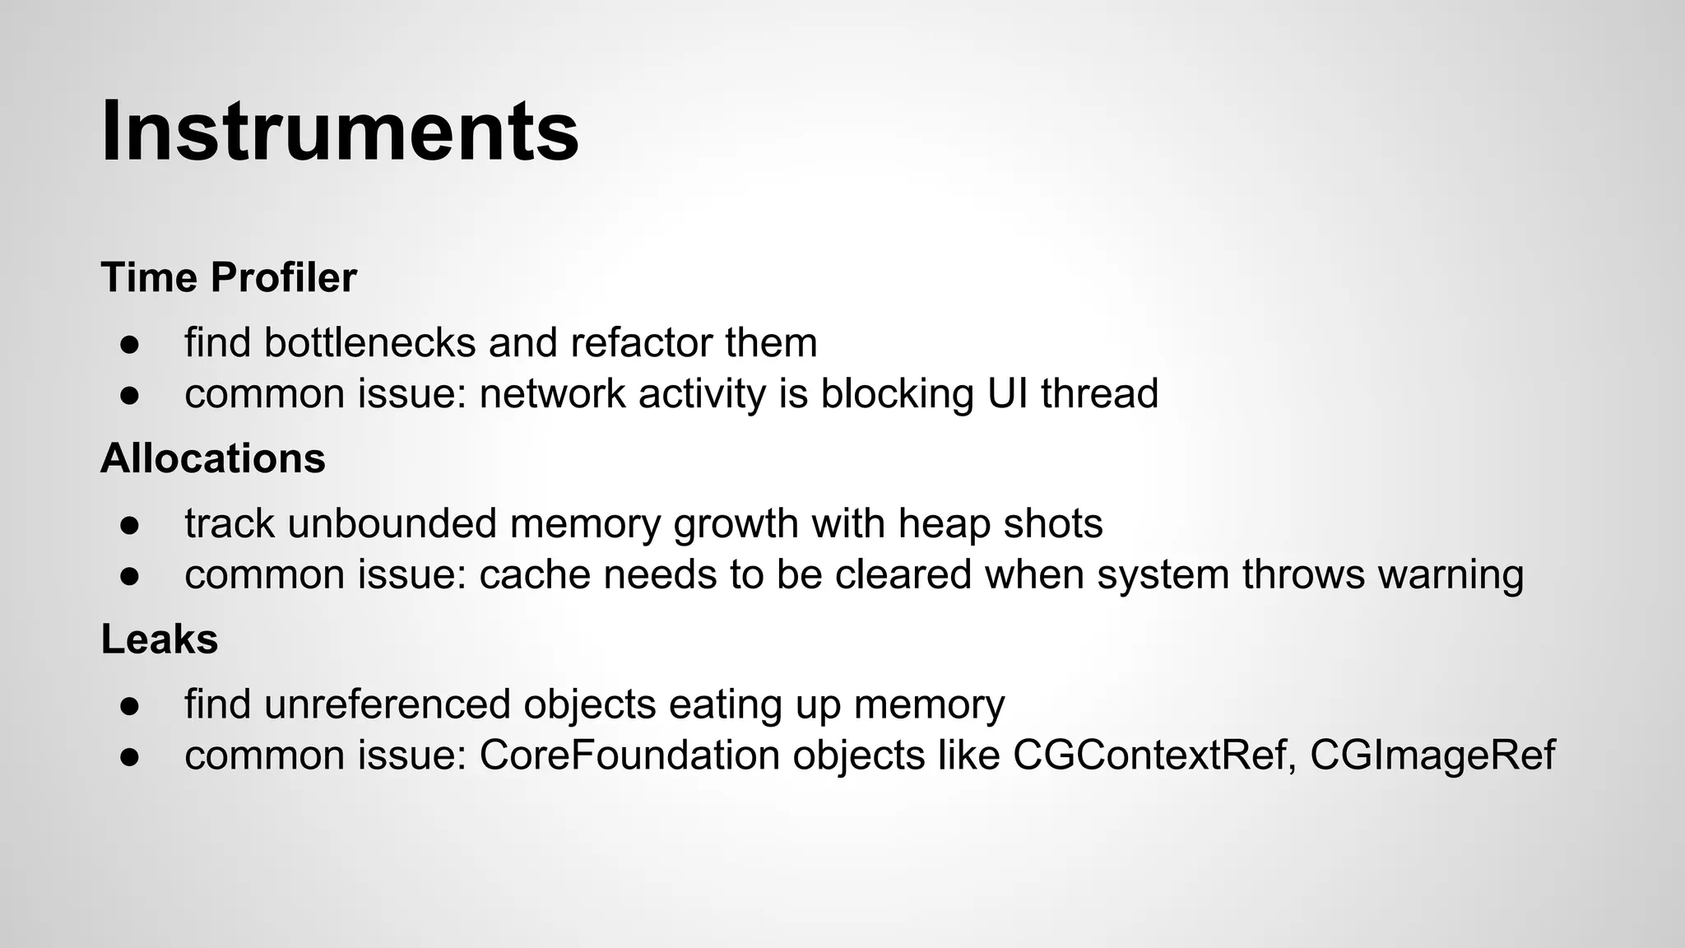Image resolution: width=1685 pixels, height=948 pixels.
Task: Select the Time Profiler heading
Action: (x=229, y=277)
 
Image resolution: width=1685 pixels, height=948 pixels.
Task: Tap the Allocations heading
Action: (x=213, y=458)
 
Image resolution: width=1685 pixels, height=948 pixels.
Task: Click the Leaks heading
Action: (x=160, y=639)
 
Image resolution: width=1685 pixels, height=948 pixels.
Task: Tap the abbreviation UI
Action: (x=1005, y=393)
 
